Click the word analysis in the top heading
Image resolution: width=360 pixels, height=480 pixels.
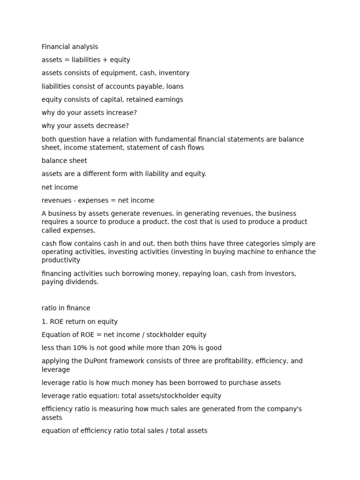(85, 47)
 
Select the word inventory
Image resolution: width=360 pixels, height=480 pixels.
(175, 73)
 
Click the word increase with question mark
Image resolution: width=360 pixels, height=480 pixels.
(121, 113)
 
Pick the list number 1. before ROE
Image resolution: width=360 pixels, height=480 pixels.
(44, 322)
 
